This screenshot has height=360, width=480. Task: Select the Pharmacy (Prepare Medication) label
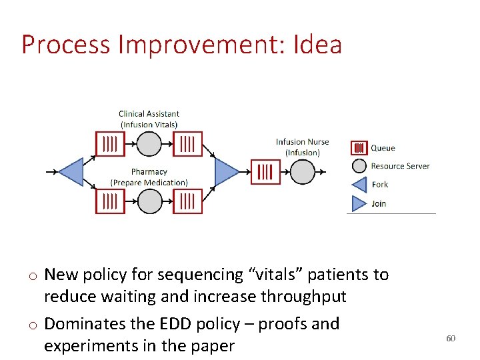[x=149, y=177]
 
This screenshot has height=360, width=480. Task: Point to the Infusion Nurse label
[x=302, y=147]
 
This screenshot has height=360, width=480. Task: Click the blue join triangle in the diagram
[x=227, y=172]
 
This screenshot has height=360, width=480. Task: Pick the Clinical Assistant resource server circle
[x=149, y=144]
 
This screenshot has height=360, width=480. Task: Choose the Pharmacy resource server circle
[x=149, y=201]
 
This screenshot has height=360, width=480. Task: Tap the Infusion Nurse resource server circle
[x=302, y=172]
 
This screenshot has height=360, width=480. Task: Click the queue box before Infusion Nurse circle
[x=265, y=172]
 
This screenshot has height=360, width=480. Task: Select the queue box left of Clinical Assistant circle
[x=110, y=144]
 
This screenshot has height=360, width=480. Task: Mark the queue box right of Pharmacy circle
[x=187, y=201]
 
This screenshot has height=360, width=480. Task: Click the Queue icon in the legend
[x=359, y=148]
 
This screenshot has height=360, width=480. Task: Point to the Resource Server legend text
[x=400, y=166]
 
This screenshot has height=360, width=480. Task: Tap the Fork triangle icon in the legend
[x=359, y=185]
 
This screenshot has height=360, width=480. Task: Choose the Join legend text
[x=379, y=203]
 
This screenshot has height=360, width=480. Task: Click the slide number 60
[x=451, y=339]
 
